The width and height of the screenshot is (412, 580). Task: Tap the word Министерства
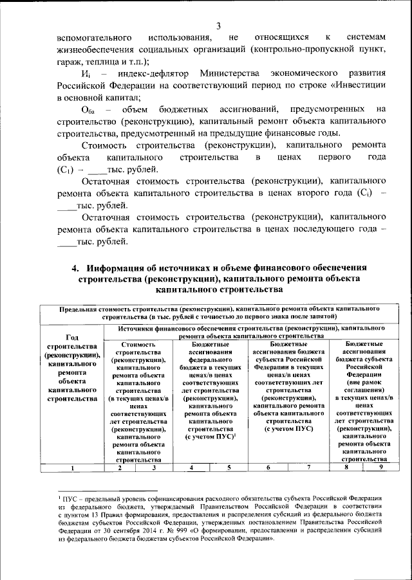pyautogui.click(x=229, y=75)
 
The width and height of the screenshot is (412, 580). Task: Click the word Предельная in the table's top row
pyautogui.click(x=78, y=309)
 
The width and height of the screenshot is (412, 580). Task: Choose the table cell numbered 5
pyautogui.click(x=228, y=467)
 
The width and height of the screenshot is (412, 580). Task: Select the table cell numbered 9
pyautogui.click(x=380, y=467)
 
